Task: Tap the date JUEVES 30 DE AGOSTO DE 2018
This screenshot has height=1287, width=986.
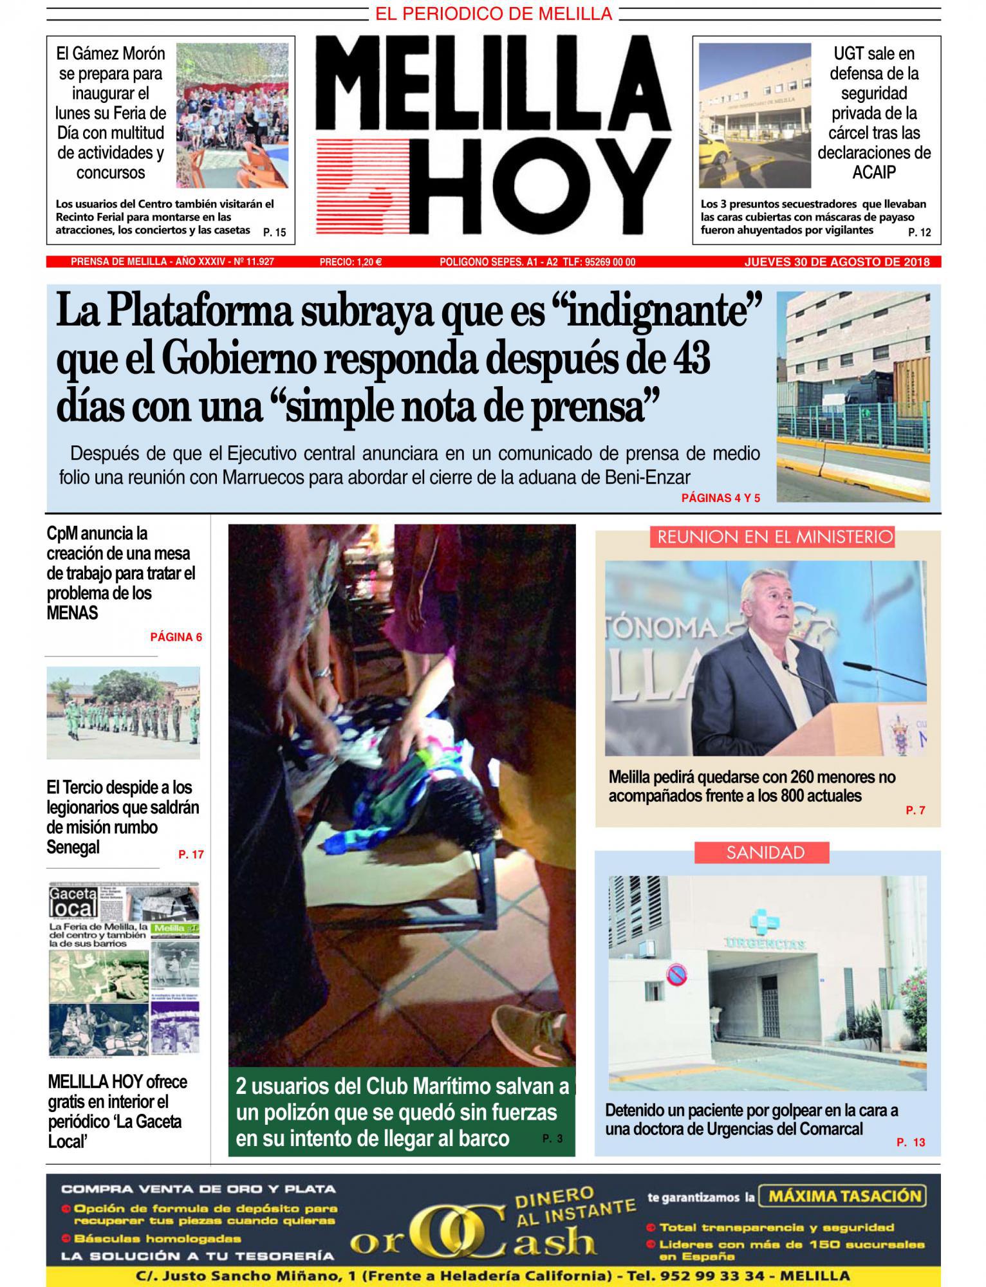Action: tap(837, 262)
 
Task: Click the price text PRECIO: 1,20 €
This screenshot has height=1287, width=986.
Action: tap(351, 262)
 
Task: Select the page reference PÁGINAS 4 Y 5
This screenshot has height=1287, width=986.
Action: tap(721, 498)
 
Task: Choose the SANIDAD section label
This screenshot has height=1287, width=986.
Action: tap(765, 853)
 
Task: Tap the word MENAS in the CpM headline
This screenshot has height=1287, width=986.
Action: tap(72, 613)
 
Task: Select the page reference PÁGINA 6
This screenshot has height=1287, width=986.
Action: tap(176, 637)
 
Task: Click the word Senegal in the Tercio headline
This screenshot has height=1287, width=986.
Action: tap(73, 847)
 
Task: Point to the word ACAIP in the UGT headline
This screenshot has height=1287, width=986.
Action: tap(873, 172)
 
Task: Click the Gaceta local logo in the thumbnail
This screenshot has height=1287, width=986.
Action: tap(73, 902)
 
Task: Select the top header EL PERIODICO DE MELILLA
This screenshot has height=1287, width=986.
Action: tap(494, 13)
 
